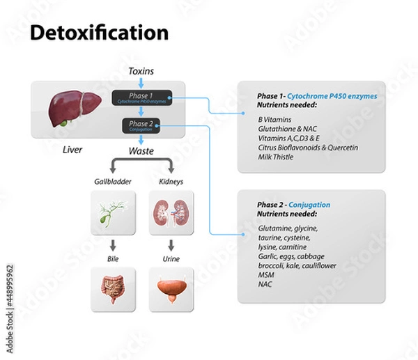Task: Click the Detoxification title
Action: pyautogui.click(x=99, y=33)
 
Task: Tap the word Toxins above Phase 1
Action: pyautogui.click(x=141, y=72)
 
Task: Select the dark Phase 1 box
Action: pyautogui.click(x=141, y=98)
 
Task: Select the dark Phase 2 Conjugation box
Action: pyautogui.click(x=141, y=126)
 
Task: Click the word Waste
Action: pyautogui.click(x=141, y=150)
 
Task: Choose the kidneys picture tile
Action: pyautogui.click(x=171, y=213)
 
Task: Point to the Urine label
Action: pyautogui.click(x=171, y=259)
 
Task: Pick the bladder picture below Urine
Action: pyautogui.click(x=171, y=288)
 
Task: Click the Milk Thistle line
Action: pyautogui.click(x=275, y=157)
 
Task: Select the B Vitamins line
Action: pyautogui.click(x=274, y=119)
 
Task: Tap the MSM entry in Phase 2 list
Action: pyautogui.click(x=266, y=275)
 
